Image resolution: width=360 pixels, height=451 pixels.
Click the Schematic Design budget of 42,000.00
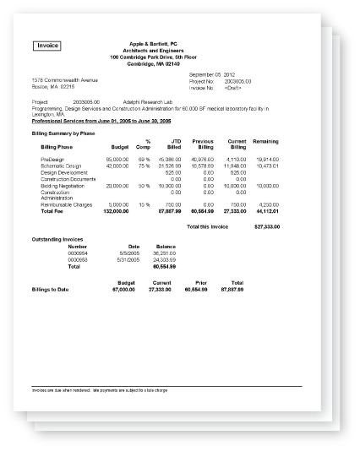coord(117,166)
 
